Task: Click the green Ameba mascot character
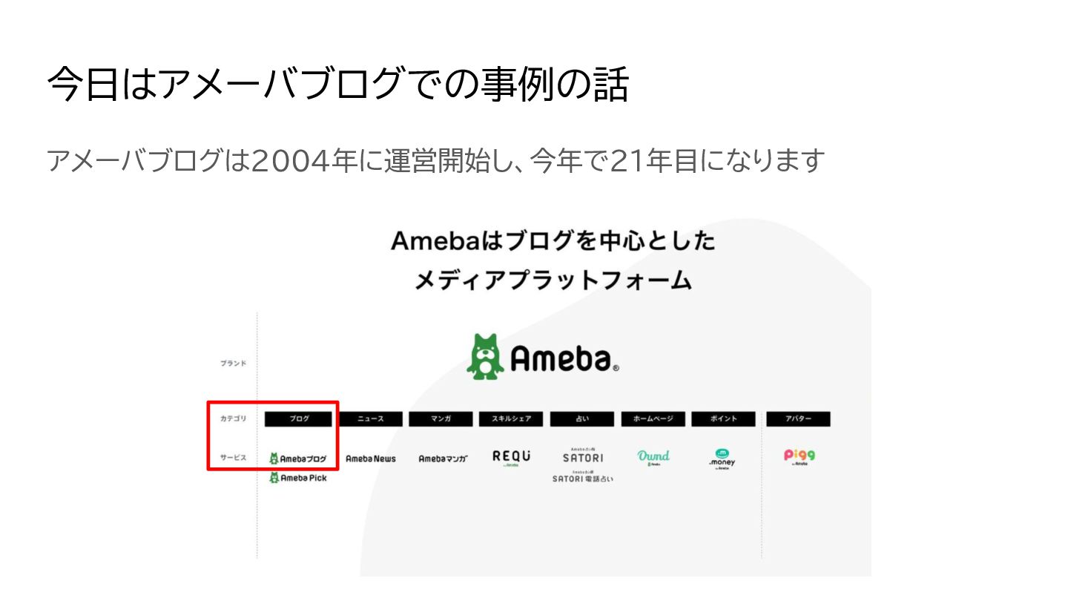484,357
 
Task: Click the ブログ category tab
299,419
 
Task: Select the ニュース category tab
371,419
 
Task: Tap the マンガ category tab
441,419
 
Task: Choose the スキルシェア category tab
511,419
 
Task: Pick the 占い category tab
582,419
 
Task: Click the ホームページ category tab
653,419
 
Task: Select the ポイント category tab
723,419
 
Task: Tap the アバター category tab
798,419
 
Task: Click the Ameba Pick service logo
298,479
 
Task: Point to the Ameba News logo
371,459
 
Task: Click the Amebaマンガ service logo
443,459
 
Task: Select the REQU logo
512,457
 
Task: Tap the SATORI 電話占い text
583,479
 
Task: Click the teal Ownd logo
653,457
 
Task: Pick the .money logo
722,459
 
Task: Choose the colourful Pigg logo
799,456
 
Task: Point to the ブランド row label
233,364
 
